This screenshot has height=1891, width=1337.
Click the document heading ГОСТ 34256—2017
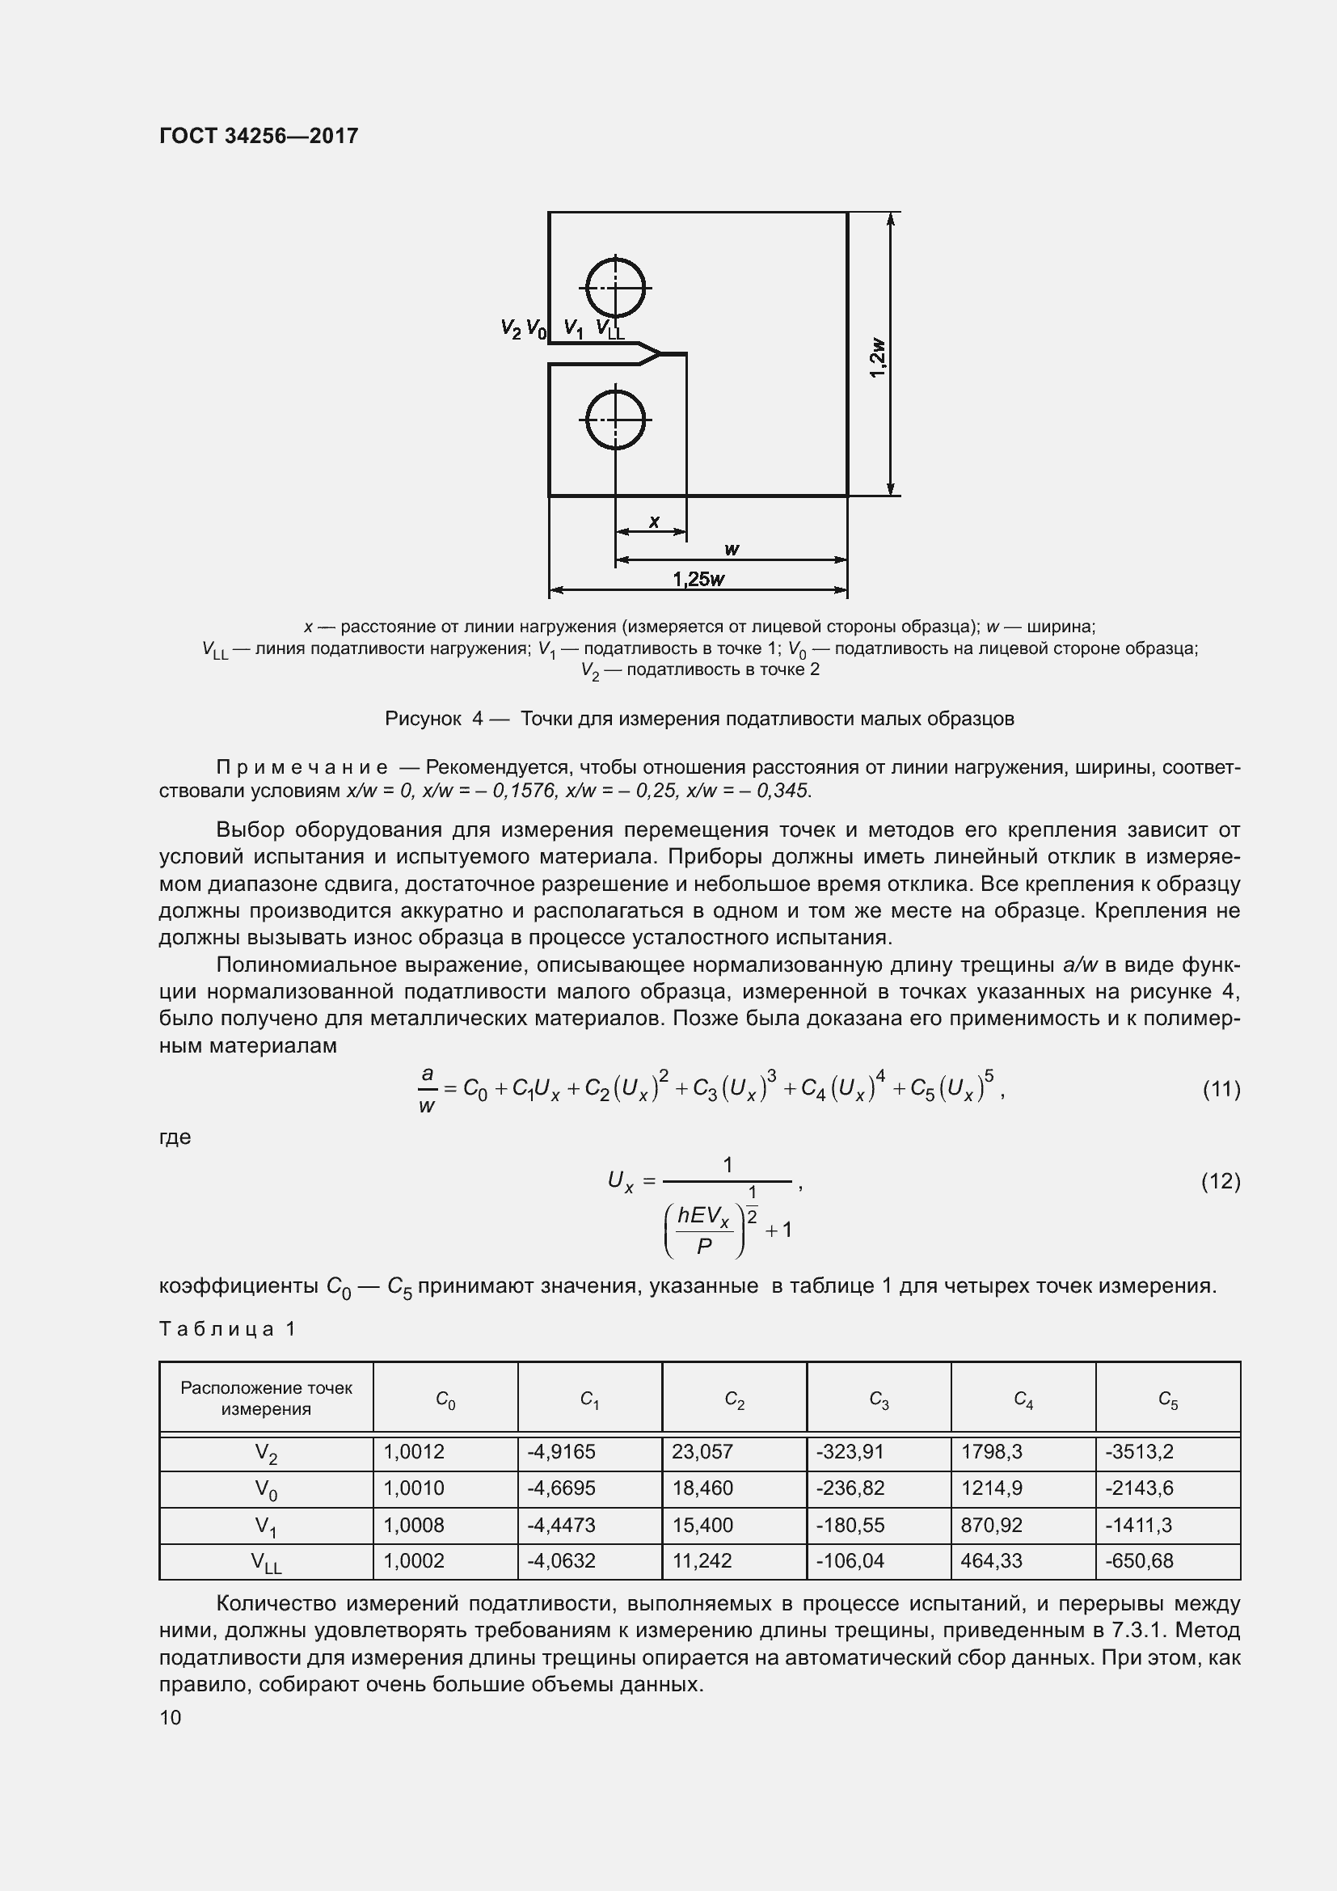(259, 136)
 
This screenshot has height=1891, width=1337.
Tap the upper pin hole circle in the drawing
(615, 288)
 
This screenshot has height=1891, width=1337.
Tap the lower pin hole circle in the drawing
(615, 420)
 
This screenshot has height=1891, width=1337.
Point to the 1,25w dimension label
(698, 579)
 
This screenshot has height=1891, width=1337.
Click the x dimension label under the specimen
(654, 521)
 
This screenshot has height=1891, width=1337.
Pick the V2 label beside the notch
(510, 328)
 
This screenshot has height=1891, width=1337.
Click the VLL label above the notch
(609, 329)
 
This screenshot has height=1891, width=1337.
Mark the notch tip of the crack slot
(660, 355)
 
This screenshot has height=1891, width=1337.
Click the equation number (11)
(1221, 1090)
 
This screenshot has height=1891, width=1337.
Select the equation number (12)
(1221, 1181)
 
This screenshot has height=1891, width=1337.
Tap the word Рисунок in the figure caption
(423, 719)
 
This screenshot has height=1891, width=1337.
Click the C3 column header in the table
(879, 1399)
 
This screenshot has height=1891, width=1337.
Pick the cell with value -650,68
(1139, 1560)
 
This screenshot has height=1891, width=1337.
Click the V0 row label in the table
(266, 1489)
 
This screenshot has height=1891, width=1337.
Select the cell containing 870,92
(991, 1525)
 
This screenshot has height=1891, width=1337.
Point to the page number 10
(171, 1717)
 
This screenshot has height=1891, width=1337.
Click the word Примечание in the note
(302, 767)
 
